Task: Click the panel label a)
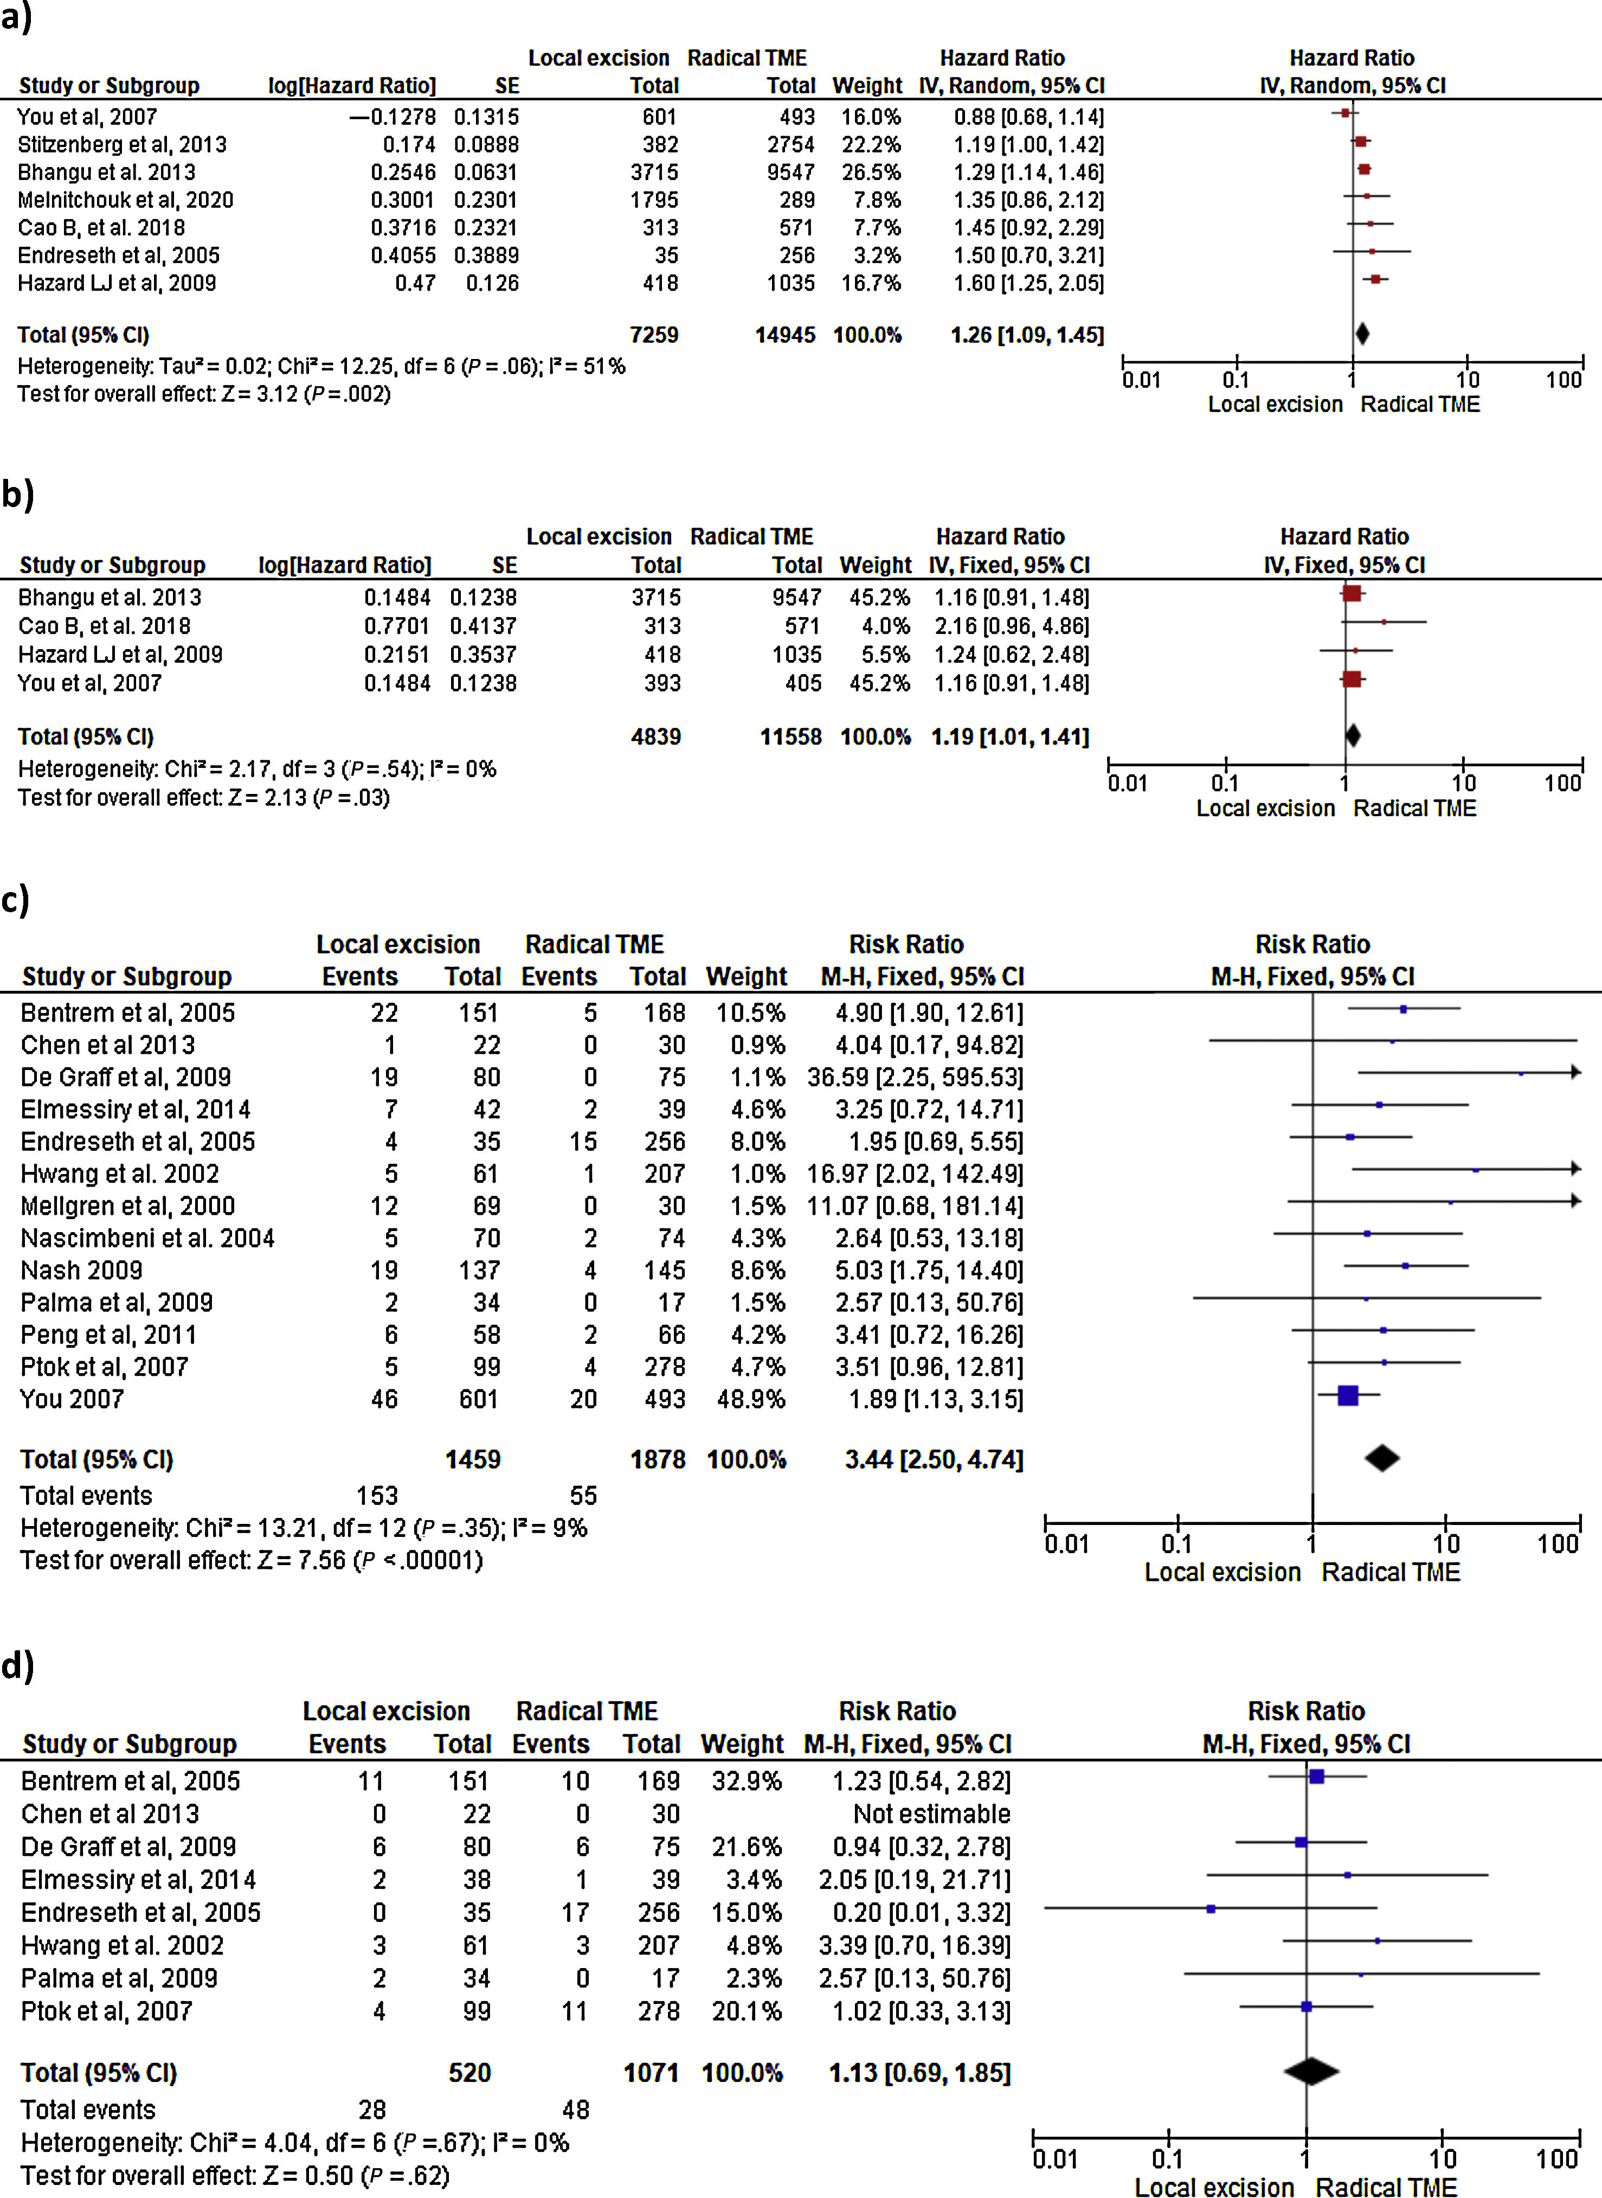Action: click(16, 17)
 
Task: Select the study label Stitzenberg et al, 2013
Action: click(122, 145)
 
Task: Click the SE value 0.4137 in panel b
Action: click(483, 626)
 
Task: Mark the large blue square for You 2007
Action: click(1347, 1396)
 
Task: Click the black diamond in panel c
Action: click(1382, 1458)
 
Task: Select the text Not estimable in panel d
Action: click(931, 1814)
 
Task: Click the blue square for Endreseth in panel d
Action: click(1210, 1909)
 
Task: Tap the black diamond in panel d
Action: click(1311, 2072)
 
